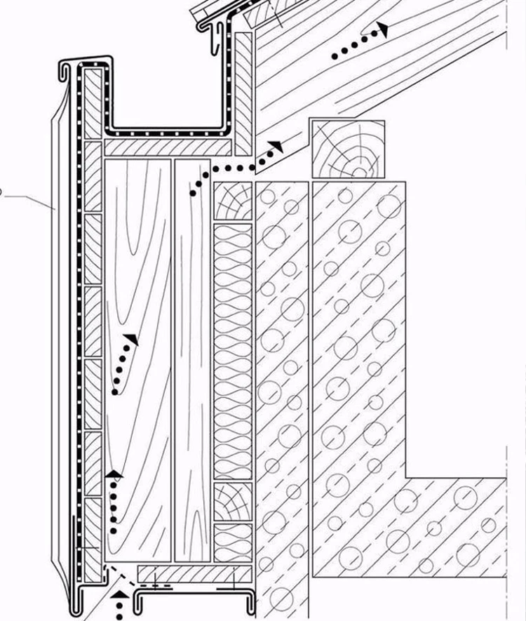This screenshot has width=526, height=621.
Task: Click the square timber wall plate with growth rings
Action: [348, 149]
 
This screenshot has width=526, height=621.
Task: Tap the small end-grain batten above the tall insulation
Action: [232, 202]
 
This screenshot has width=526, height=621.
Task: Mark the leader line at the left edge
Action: [28, 199]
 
